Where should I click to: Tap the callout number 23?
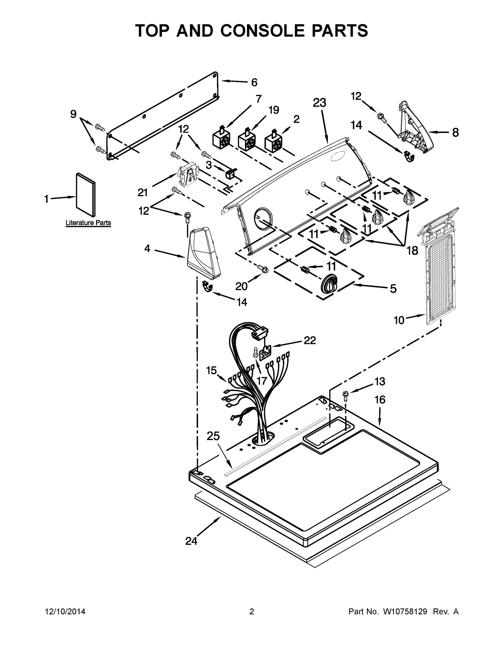click(319, 103)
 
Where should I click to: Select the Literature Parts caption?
click(88, 223)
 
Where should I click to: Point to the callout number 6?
click(254, 82)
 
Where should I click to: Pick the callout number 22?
click(310, 340)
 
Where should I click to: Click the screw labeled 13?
click(346, 396)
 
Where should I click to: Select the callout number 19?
click(274, 110)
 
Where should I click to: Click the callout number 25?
click(213, 436)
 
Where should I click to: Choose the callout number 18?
click(412, 251)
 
